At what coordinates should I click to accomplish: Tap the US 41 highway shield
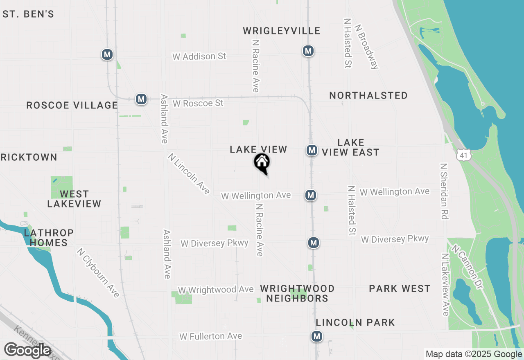click(463, 155)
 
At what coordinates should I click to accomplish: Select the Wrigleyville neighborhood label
click(282, 31)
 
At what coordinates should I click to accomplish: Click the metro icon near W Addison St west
click(107, 54)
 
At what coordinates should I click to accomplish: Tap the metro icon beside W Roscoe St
click(141, 99)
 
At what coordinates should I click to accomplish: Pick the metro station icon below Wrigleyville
click(308, 51)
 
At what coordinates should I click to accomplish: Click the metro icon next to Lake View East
click(312, 150)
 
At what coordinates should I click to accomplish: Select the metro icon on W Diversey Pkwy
click(314, 243)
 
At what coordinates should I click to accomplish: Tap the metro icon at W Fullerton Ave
click(316, 336)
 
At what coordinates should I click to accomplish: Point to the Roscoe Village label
click(72, 105)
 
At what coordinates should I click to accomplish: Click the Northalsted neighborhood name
click(368, 95)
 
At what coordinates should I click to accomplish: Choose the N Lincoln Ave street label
click(189, 173)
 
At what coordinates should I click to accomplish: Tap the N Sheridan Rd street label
click(444, 191)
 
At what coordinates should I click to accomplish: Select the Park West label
click(400, 288)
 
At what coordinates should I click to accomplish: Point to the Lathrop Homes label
click(49, 238)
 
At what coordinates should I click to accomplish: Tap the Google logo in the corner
click(27, 350)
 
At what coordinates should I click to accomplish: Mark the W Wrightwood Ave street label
click(216, 290)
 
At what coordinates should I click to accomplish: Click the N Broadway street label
click(367, 46)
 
